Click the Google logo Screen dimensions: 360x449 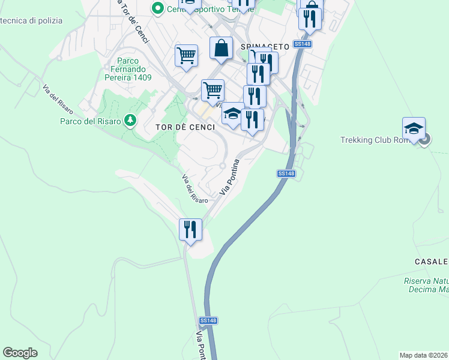tap(20, 353)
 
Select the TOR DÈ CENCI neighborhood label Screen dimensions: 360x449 tap(185, 127)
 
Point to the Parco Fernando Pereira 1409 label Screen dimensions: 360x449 tap(127, 69)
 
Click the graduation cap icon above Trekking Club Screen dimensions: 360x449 tap(414, 128)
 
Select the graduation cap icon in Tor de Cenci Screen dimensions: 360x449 tap(232, 113)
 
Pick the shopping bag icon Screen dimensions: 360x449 tap(221, 47)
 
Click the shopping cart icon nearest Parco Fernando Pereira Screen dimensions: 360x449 tap(187, 55)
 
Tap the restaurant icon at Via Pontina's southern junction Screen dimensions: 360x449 tap(190, 229)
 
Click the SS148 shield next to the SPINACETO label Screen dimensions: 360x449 tap(302, 44)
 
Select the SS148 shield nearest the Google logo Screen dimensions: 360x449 tap(208, 320)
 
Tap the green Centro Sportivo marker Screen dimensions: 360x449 tap(158, 8)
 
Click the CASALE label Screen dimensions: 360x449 tap(431, 262)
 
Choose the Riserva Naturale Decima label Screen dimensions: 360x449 tap(426, 286)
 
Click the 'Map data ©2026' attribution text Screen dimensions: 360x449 tap(424, 355)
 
